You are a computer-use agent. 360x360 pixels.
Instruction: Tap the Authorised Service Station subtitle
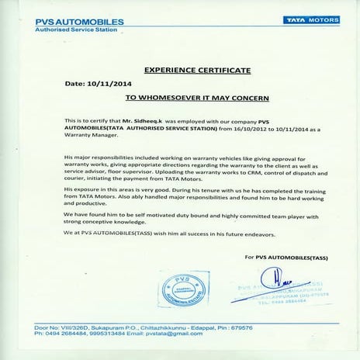tap(66, 29)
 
